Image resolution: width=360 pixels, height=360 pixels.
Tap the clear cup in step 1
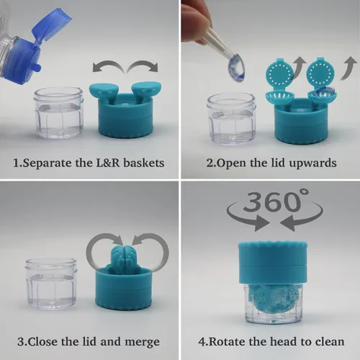pos(59,112)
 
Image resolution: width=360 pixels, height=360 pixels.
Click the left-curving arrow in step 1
pos(108,66)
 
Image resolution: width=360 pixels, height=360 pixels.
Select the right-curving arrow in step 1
pos(143,66)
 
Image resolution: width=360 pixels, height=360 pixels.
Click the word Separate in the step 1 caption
pos(48,163)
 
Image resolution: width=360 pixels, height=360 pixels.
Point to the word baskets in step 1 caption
pos(144,163)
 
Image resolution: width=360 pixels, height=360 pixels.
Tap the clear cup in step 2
pos(231,120)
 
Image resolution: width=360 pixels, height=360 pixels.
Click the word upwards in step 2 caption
pos(312,163)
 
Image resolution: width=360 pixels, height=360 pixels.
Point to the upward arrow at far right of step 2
pos(348,68)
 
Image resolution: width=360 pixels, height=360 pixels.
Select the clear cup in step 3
pos(51,284)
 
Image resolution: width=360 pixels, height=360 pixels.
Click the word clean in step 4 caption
pos(330,342)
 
